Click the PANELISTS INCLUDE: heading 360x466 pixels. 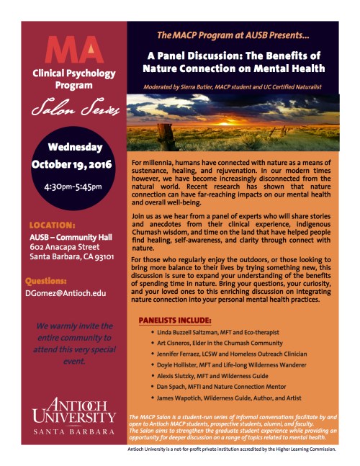[x=178, y=319]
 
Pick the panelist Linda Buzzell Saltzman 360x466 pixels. [x=189, y=334]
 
